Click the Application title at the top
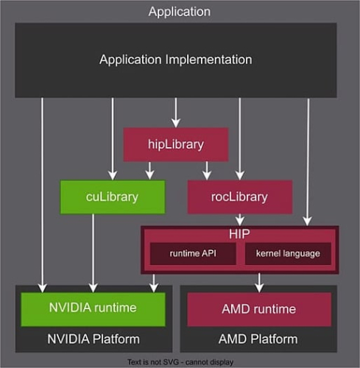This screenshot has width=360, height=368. click(x=179, y=11)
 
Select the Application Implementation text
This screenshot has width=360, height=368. click(x=176, y=59)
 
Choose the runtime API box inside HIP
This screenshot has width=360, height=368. click(x=192, y=253)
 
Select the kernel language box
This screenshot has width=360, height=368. click(x=288, y=253)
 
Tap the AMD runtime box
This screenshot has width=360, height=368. click(x=258, y=308)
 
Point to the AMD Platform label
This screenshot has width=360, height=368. click(x=258, y=339)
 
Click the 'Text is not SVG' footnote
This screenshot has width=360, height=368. click(x=179, y=361)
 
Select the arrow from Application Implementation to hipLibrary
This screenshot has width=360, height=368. click(x=174, y=113)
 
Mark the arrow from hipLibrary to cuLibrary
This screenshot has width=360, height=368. click(x=150, y=170)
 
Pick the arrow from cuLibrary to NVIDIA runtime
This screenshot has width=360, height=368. click(x=93, y=250)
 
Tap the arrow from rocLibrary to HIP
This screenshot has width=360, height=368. click(x=240, y=219)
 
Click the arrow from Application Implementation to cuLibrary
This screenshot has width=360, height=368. click(x=113, y=140)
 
